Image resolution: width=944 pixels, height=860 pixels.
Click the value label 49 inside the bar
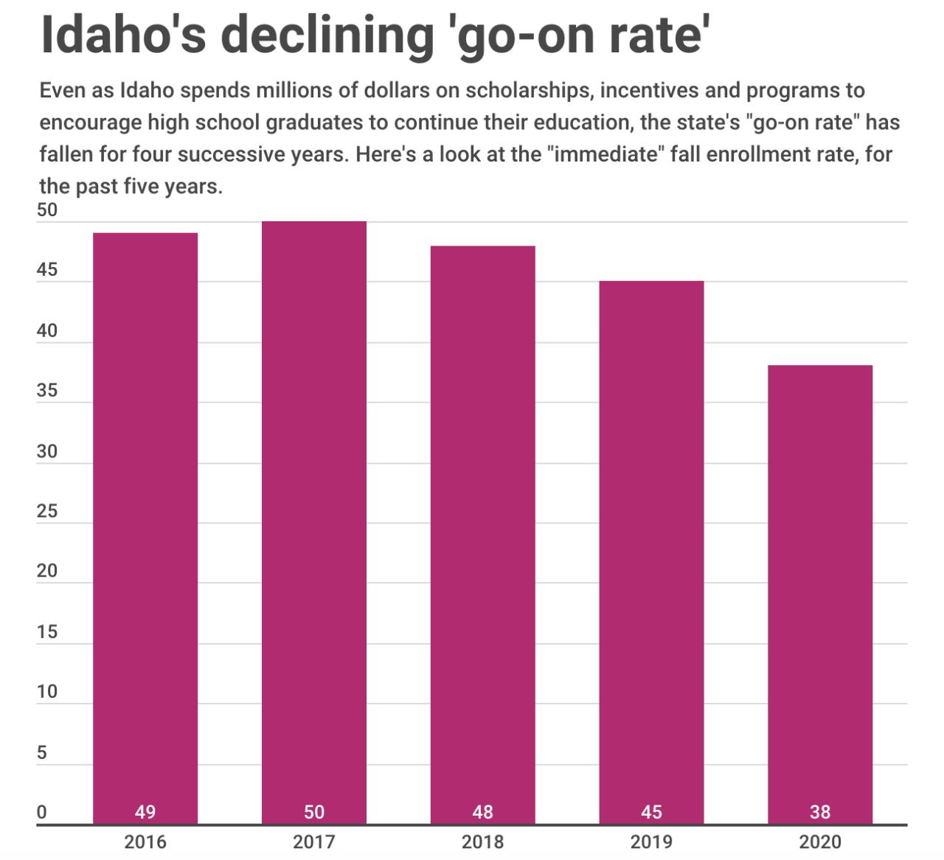click(x=145, y=812)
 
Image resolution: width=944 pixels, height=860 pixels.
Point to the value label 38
click(x=820, y=812)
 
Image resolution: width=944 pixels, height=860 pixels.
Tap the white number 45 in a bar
click(x=651, y=812)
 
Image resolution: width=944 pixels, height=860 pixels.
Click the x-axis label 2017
click(x=314, y=842)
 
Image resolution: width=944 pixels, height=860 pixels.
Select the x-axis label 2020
click(x=820, y=842)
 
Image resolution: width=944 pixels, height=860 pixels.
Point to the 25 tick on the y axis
click(x=47, y=511)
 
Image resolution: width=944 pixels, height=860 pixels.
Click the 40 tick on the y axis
click(x=47, y=330)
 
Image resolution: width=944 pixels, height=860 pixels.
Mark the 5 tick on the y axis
click(x=42, y=752)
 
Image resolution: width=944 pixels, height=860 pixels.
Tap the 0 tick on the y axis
click(x=42, y=812)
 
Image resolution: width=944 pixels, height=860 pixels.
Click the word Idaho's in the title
click(x=122, y=35)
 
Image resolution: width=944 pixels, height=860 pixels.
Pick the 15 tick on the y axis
click(x=47, y=632)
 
